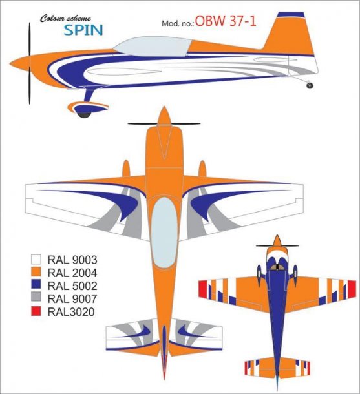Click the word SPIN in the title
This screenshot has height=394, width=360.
83,30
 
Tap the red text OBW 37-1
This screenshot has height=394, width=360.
226,21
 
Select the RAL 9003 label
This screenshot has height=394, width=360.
72,260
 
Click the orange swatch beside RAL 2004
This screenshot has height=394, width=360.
36,273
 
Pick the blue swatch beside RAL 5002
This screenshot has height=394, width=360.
36,285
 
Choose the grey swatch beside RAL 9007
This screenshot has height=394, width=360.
36,298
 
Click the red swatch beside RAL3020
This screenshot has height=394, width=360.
36,311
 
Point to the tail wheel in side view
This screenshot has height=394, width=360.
310,85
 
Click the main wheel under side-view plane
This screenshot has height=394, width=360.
84,114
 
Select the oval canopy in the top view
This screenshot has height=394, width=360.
164,233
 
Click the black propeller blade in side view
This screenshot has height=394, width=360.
30,63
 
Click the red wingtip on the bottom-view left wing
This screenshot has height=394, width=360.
203,289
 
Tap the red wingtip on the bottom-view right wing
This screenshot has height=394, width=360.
352,289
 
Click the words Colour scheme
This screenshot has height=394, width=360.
66,18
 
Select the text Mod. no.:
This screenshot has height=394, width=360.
178,23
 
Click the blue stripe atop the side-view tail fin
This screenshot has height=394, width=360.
291,15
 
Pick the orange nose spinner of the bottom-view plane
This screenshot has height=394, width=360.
277,240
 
